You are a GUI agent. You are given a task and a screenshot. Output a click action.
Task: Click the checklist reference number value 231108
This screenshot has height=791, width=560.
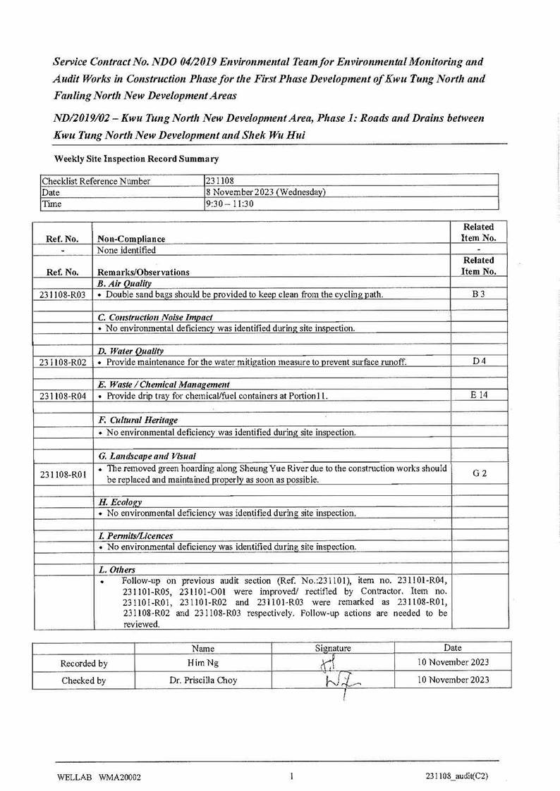tap(219, 181)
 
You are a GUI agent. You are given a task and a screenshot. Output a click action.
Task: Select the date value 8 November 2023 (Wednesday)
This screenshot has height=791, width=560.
tap(266, 192)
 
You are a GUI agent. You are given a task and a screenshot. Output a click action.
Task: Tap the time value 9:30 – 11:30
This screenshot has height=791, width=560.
tap(230, 204)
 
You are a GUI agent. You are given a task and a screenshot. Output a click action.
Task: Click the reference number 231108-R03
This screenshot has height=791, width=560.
tap(62, 294)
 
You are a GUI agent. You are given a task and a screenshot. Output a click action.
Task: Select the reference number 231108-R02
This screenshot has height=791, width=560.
tap(62, 362)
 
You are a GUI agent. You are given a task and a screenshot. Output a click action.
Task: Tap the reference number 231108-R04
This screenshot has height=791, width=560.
tap(62, 397)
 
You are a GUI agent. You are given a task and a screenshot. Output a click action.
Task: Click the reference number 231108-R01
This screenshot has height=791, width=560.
tap(62, 475)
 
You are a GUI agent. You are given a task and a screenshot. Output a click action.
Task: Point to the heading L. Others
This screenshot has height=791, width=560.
tap(117, 569)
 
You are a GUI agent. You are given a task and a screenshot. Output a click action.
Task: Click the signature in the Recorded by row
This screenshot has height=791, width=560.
tap(328, 663)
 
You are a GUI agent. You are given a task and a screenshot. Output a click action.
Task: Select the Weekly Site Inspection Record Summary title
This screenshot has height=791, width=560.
tap(136, 159)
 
